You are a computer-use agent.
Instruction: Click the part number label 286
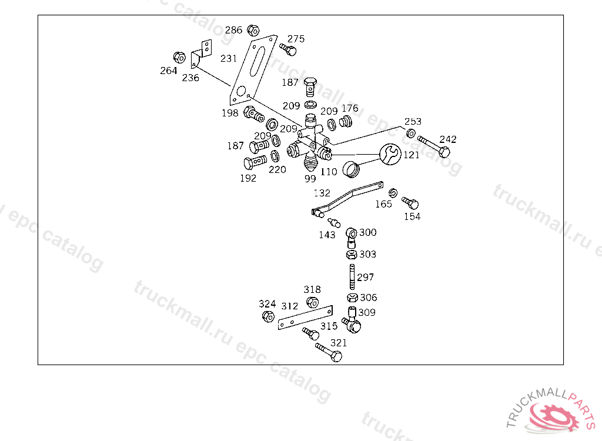click(233, 30)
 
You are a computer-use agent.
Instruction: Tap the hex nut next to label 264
click(179, 58)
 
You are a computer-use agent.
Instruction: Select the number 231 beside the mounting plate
click(229, 58)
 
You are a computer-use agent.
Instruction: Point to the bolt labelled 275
click(288, 48)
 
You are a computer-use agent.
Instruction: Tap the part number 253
click(413, 122)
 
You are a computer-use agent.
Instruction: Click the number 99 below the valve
click(310, 178)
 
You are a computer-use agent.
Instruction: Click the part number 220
click(277, 169)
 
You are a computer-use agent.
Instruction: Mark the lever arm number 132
click(322, 193)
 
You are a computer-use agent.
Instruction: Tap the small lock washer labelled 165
click(394, 192)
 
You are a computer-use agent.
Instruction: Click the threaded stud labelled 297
click(351, 277)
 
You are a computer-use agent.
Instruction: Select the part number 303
click(368, 255)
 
